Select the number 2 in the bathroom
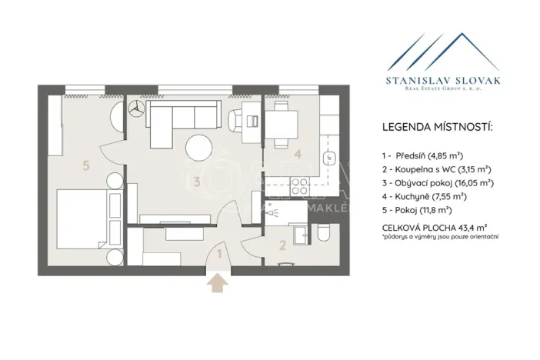click(x=282, y=246)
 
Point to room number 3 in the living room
click(x=198, y=182)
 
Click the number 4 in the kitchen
click(x=298, y=153)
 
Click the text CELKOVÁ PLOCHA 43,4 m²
click(x=435, y=228)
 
